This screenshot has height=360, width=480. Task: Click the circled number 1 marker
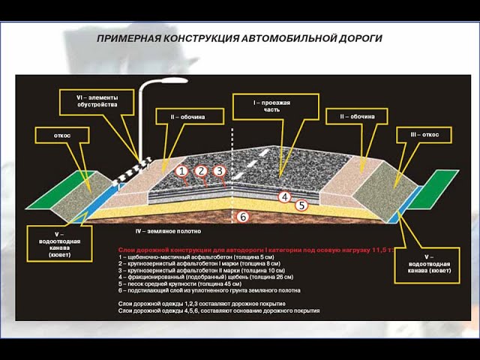(181, 171)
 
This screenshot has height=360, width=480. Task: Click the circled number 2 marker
(201, 171)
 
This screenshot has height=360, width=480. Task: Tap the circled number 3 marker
(220, 171)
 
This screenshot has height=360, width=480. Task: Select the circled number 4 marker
(284, 197)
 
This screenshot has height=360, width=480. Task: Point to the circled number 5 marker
(301, 205)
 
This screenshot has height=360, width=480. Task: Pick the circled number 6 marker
(241, 217)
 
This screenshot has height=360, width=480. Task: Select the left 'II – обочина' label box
(187, 116)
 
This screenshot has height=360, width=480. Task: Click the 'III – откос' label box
(430, 134)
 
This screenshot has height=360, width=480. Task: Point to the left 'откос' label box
(62, 136)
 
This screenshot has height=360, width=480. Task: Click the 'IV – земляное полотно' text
(168, 232)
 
